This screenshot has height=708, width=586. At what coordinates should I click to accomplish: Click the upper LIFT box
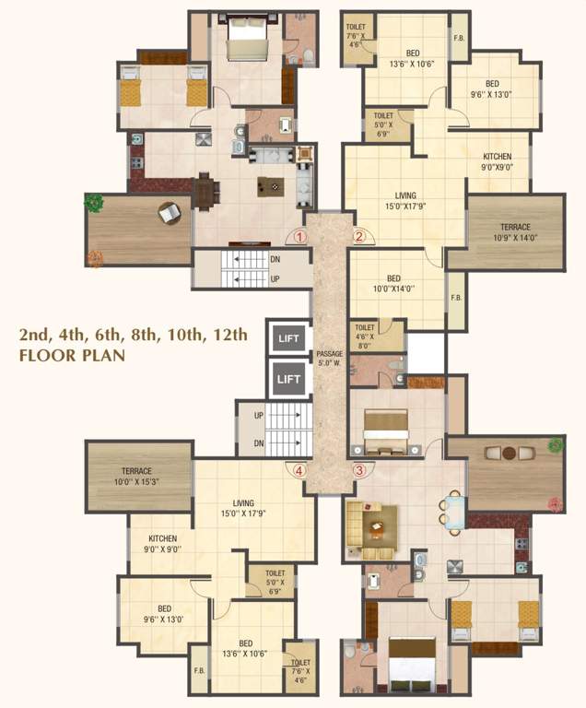click(x=289, y=339)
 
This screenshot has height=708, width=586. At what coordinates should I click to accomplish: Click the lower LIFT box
click(x=289, y=378)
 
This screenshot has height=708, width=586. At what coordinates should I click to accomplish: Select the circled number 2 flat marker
click(x=359, y=237)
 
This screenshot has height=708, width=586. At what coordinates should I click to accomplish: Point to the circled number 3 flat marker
click(x=359, y=469)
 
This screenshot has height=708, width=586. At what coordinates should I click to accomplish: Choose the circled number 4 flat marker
click(x=299, y=469)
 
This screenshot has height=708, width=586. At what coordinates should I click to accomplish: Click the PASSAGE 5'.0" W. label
click(x=330, y=358)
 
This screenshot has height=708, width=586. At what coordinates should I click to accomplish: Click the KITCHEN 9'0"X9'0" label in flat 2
click(x=497, y=162)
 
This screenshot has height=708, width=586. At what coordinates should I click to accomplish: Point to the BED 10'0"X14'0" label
click(x=393, y=283)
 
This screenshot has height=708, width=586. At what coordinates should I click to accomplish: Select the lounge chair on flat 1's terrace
click(x=169, y=214)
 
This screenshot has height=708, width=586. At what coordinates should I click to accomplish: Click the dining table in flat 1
click(x=205, y=191)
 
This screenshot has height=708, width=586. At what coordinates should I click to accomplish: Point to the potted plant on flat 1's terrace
click(x=94, y=202)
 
